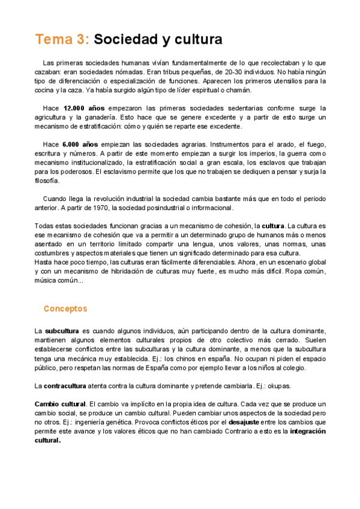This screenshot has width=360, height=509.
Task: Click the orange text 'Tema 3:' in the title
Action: tap(62, 40)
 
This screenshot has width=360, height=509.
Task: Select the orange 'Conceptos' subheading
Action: tap(65, 309)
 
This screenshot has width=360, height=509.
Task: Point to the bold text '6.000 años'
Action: tap(80, 145)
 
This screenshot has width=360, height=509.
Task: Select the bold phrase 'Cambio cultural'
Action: tap(60, 403)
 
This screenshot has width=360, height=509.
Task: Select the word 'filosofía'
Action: tap(47, 181)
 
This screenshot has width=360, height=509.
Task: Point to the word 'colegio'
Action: tap(292, 367)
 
